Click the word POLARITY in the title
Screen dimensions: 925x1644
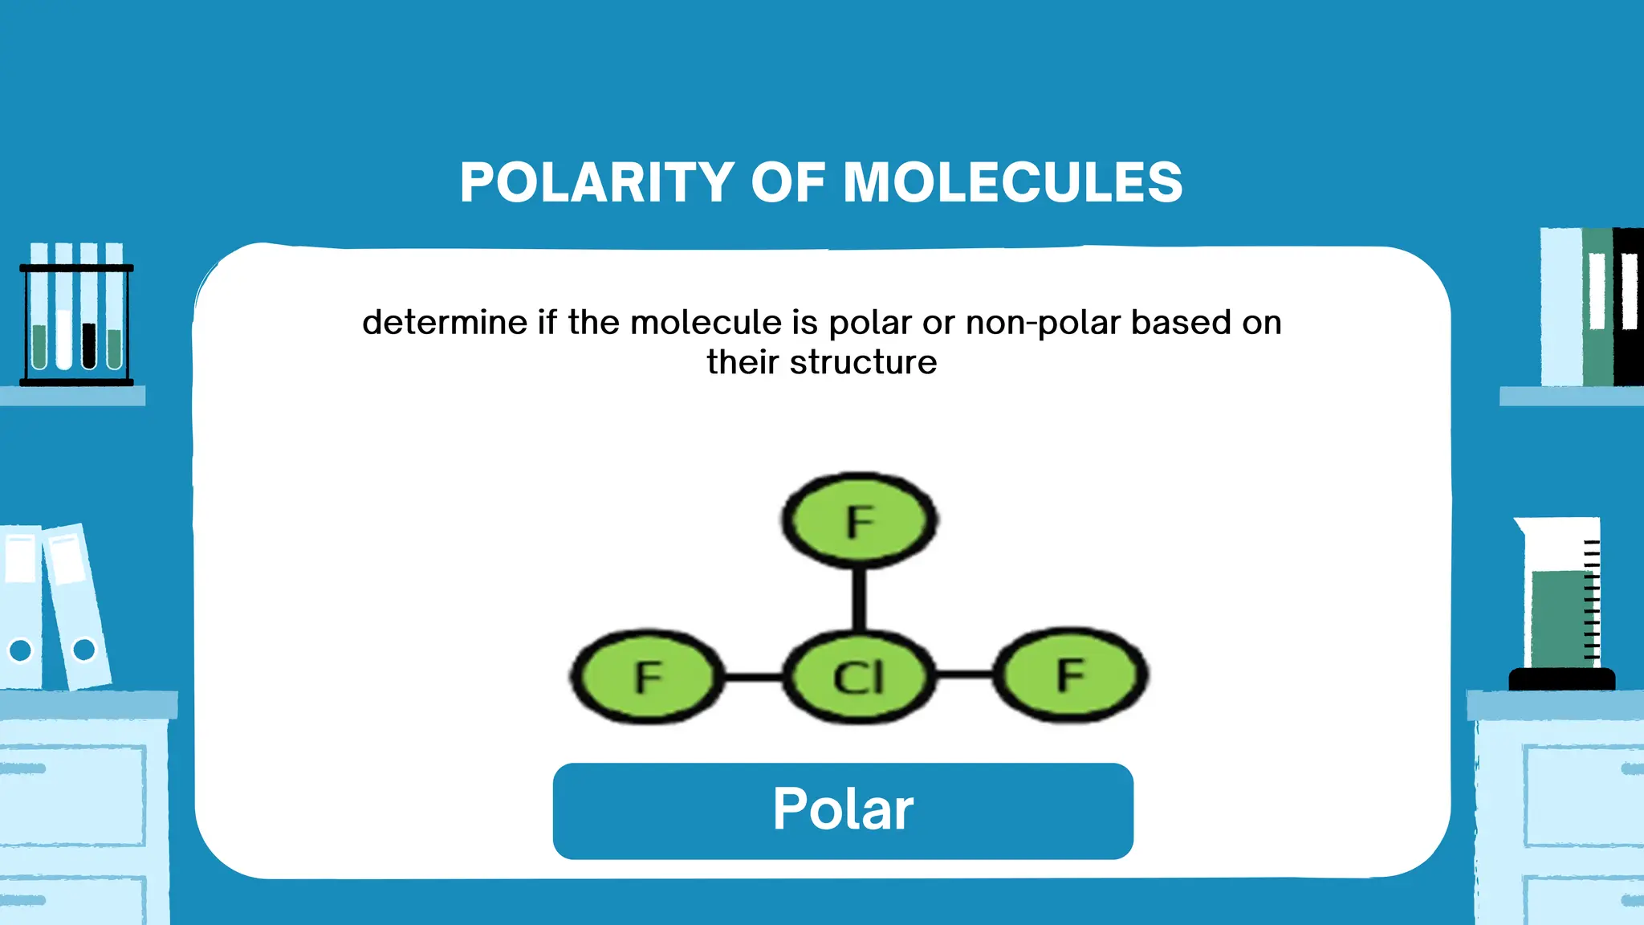pos(596,182)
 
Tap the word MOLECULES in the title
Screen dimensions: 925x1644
pos(1013,182)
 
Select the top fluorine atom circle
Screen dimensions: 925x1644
pos(859,520)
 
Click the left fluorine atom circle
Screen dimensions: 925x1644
pos(648,677)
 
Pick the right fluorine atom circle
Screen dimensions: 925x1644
pos(1071,674)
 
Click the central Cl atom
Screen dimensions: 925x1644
pos(859,677)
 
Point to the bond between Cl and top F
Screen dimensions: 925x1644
pos(859,598)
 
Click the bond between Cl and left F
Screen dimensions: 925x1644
pos(753,677)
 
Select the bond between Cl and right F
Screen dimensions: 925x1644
pos(965,674)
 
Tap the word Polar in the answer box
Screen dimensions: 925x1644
pos(843,809)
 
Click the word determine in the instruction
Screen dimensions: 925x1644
pos(445,323)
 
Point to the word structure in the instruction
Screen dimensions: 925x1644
pos(863,362)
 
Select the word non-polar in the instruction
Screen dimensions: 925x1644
pos(1043,323)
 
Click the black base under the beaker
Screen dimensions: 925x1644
pos(1561,679)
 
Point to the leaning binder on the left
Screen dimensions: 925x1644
pos(77,606)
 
